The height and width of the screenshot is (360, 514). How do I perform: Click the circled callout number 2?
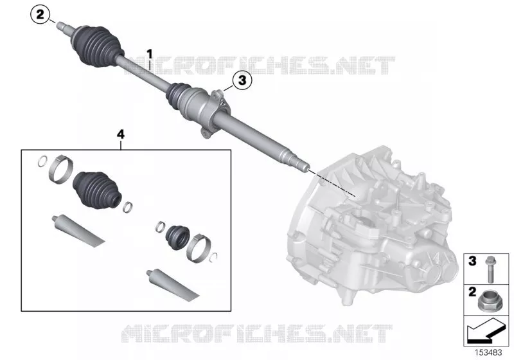click(x=40, y=15)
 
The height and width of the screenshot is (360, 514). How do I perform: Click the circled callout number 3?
click(x=242, y=80)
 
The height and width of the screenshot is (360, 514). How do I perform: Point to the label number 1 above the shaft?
click(x=150, y=54)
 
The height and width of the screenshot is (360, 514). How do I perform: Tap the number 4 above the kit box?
click(x=121, y=134)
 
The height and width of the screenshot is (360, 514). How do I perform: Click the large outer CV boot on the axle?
click(x=97, y=46)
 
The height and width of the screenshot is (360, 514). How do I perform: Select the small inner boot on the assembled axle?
click(x=179, y=94)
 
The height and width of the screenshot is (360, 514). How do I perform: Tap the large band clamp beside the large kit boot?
click(x=60, y=170)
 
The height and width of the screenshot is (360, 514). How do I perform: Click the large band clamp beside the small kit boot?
click(x=199, y=248)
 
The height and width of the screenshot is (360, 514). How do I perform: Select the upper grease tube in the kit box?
click(x=78, y=231)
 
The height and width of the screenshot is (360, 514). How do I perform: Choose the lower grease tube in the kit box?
click(x=173, y=285)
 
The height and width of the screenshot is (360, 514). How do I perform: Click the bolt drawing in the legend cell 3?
click(x=490, y=269)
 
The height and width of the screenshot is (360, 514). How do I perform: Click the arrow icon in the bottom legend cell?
click(x=486, y=330)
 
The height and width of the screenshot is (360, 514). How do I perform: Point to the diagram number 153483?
click(x=488, y=352)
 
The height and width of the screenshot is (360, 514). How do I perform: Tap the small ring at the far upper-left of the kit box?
click(x=42, y=161)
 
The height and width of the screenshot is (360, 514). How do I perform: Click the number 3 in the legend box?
click(x=472, y=261)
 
